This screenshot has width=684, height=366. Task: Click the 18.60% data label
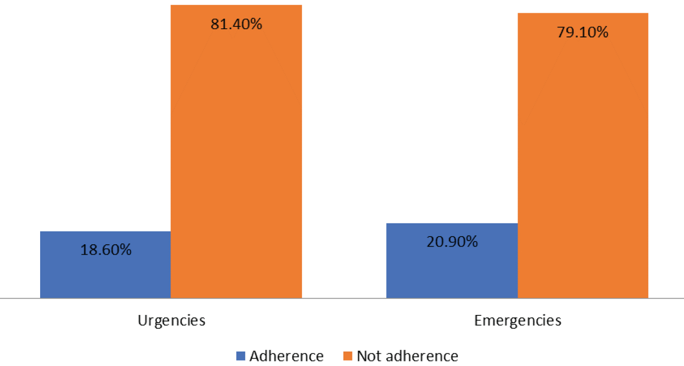click(106, 250)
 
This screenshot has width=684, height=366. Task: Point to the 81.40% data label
click(236, 24)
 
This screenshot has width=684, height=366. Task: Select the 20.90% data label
click(452, 241)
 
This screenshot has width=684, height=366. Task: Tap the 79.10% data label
click(582, 32)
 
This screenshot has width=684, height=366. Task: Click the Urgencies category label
click(171, 320)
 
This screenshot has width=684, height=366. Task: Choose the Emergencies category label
click(518, 320)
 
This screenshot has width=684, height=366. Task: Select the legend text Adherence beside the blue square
click(286, 356)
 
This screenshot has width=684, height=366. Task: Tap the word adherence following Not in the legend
click(418, 356)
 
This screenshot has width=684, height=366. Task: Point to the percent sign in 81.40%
click(257, 24)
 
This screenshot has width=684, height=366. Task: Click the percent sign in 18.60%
click(126, 250)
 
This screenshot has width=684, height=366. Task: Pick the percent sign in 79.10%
click(603, 32)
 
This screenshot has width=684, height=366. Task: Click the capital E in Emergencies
click(478, 320)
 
